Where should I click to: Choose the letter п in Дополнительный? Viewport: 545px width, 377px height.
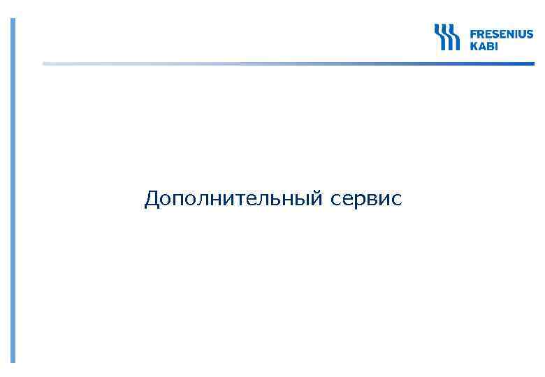(180, 200)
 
